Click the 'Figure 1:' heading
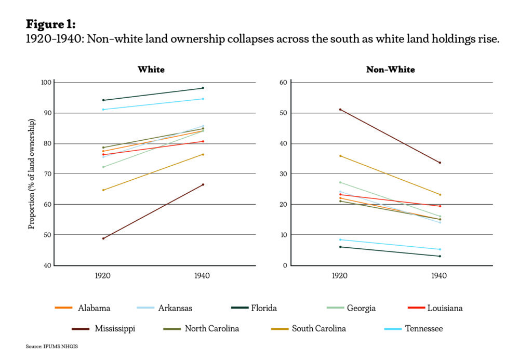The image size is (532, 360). click(50, 24)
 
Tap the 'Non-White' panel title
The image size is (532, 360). click(391, 69)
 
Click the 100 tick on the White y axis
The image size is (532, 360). click(46, 83)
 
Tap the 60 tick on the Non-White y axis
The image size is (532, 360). click(284, 83)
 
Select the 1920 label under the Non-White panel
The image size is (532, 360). click(340, 276)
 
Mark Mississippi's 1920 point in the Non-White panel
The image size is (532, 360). click(340, 109)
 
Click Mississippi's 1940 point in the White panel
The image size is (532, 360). click(203, 184)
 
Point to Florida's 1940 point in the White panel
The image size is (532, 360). click(203, 88)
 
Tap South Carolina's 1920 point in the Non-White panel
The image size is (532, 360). click(340, 156)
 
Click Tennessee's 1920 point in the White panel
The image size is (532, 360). click(103, 110)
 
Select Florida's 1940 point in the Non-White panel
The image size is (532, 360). click(440, 256)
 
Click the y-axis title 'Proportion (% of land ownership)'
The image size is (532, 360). click(32, 174)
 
